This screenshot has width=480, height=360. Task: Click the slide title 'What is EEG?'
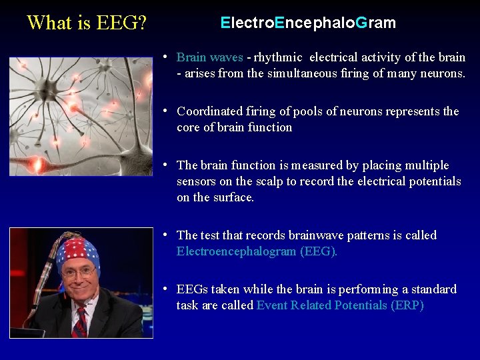(x=87, y=23)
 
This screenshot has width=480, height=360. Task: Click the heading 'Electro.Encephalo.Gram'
(x=308, y=23)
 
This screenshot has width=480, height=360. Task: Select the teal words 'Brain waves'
(x=209, y=58)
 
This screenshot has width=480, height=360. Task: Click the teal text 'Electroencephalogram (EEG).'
(x=257, y=251)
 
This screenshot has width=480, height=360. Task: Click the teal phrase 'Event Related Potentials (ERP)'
(x=340, y=305)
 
